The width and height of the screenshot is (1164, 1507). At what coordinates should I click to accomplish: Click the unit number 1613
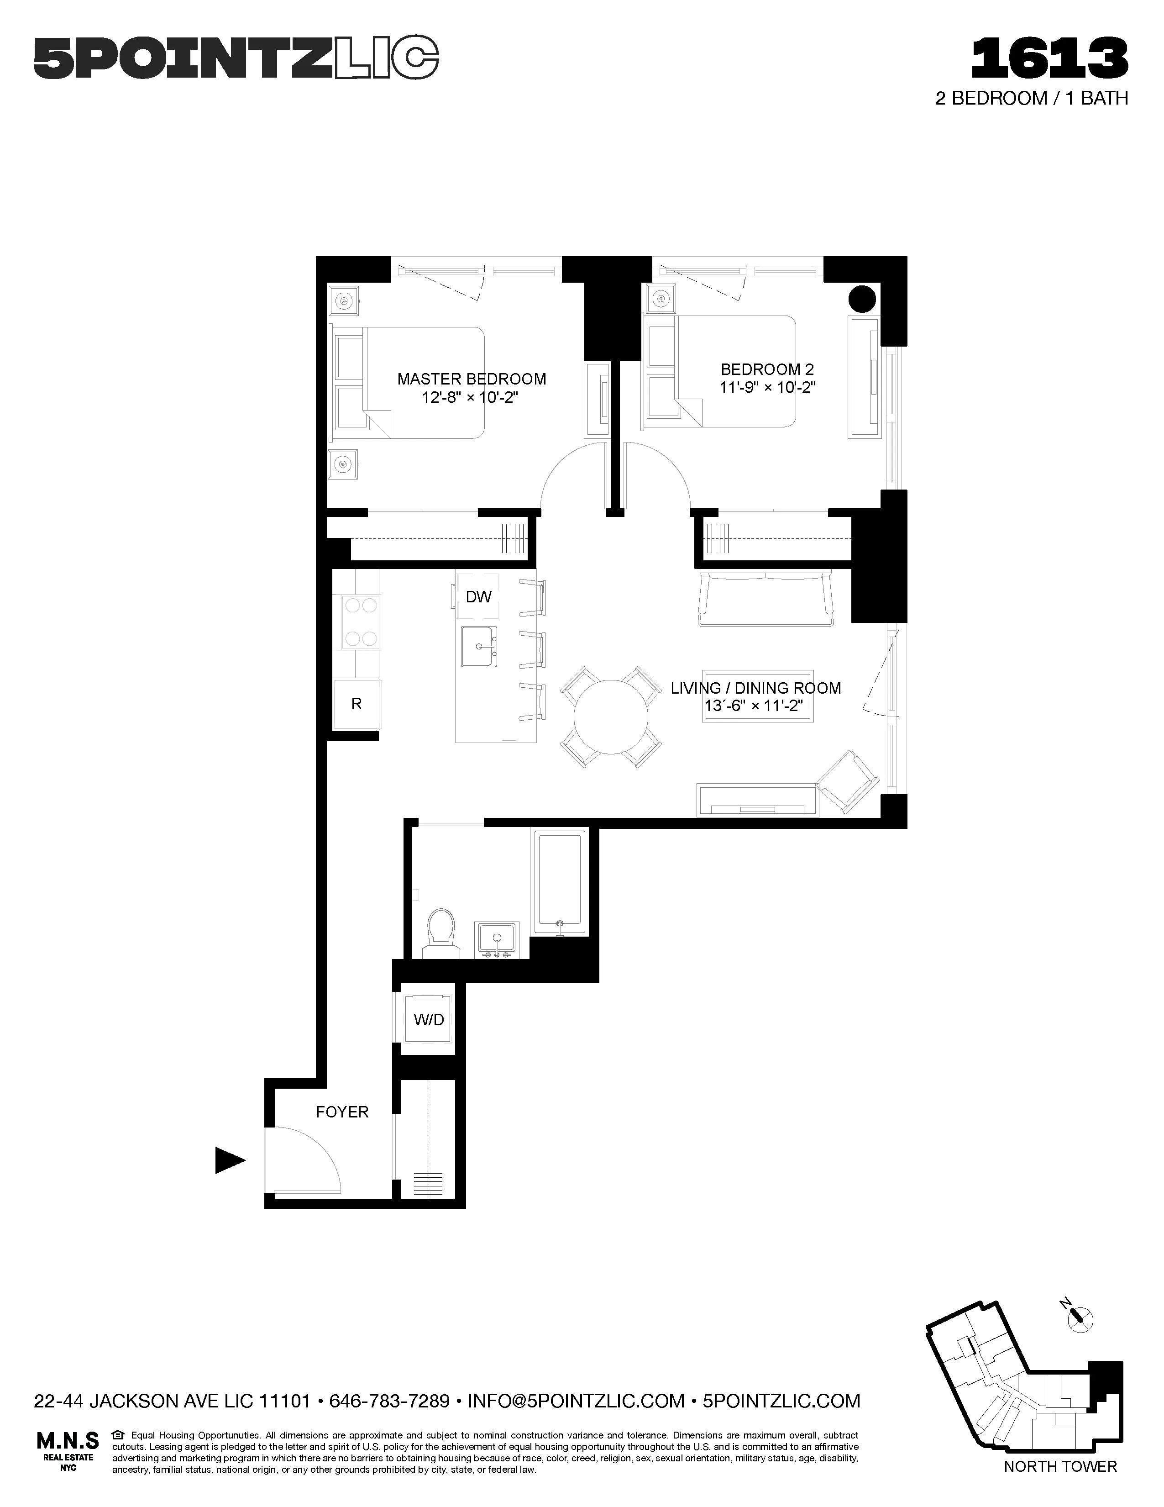(x=1049, y=59)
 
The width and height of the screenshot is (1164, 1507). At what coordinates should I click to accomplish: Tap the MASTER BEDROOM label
(x=472, y=379)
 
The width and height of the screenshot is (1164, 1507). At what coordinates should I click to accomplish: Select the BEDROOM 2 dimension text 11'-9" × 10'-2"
(x=767, y=388)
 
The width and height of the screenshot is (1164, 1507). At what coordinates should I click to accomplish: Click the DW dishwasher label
(x=478, y=597)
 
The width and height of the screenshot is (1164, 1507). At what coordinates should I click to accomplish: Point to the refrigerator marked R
(x=357, y=704)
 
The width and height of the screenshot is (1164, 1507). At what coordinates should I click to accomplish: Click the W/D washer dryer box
(x=428, y=1020)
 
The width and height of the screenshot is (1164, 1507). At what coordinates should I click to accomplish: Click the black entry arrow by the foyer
(x=230, y=1160)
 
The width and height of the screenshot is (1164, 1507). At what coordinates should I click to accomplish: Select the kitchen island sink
(x=478, y=647)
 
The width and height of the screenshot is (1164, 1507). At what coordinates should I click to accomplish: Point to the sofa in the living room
(x=766, y=596)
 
